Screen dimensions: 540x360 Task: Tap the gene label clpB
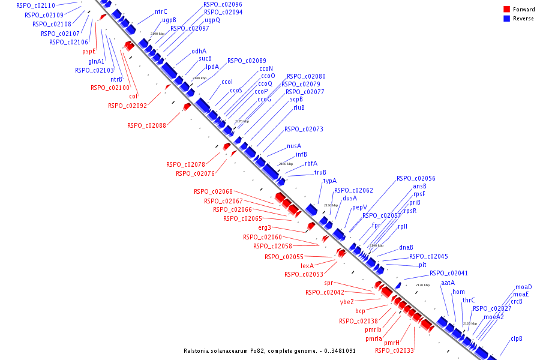[516, 338]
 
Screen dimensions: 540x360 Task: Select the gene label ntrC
[161, 11]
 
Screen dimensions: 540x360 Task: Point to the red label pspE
[89, 52]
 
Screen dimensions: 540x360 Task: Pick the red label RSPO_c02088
[146, 125]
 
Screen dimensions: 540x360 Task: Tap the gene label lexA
[308, 266]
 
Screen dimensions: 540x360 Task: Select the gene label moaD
[523, 287]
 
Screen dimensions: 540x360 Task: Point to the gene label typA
[329, 181]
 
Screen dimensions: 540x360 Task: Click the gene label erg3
[265, 227]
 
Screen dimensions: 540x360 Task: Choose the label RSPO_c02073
[304, 129]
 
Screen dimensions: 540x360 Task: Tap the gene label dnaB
[406, 247]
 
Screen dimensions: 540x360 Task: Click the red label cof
[134, 96]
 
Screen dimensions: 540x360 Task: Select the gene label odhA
[199, 51]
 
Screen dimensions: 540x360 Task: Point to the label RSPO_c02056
[416, 178]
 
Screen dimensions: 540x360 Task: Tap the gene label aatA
[448, 283]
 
